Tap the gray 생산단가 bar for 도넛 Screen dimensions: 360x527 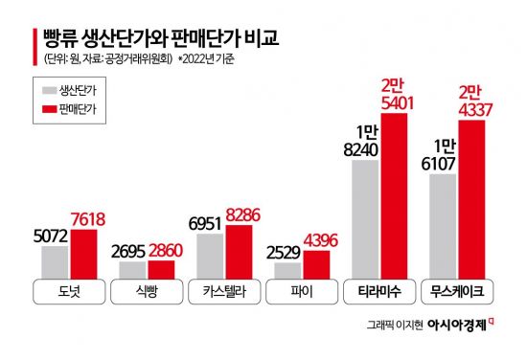click(55, 262)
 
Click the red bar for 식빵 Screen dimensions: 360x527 click(161, 270)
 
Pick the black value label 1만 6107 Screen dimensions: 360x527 click(443, 157)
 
